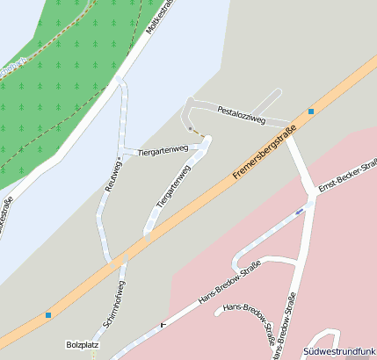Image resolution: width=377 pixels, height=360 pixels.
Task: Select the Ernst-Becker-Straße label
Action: (348, 176)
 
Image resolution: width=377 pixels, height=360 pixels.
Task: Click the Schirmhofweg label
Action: (113, 305)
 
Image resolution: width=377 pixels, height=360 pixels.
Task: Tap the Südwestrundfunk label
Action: (339, 351)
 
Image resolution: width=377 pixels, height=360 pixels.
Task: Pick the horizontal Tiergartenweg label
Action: (163, 150)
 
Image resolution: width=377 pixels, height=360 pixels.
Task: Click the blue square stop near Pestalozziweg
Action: (311, 112)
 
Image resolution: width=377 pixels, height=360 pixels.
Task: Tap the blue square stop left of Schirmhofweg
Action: (48, 315)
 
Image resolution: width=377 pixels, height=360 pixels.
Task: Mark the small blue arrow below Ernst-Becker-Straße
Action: (300, 212)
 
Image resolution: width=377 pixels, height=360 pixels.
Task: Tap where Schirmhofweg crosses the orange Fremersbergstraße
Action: (117, 259)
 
